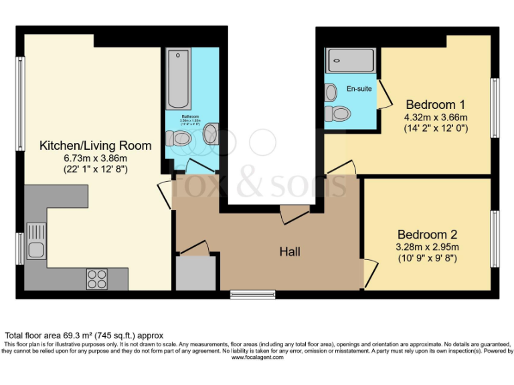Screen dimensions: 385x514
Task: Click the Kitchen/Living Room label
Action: point(95,145)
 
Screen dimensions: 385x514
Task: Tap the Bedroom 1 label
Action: point(435,104)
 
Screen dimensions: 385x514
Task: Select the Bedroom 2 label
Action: point(427,235)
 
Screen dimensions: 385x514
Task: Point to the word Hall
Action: point(290,252)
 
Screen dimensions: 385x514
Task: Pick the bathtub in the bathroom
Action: point(179,79)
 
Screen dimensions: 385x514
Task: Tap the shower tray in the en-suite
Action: point(350,60)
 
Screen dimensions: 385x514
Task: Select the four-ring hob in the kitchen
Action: point(96,278)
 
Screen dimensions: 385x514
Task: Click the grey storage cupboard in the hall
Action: point(195,273)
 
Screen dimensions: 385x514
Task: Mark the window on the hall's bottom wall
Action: point(252,294)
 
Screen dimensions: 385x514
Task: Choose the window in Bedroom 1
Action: point(495,106)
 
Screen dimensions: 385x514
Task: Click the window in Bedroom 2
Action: point(495,238)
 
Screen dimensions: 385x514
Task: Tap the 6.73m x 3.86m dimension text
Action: point(95,158)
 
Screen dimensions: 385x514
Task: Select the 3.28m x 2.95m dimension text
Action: point(427,247)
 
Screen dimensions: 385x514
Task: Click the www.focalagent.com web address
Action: point(257,357)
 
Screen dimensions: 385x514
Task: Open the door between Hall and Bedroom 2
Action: point(369,270)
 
